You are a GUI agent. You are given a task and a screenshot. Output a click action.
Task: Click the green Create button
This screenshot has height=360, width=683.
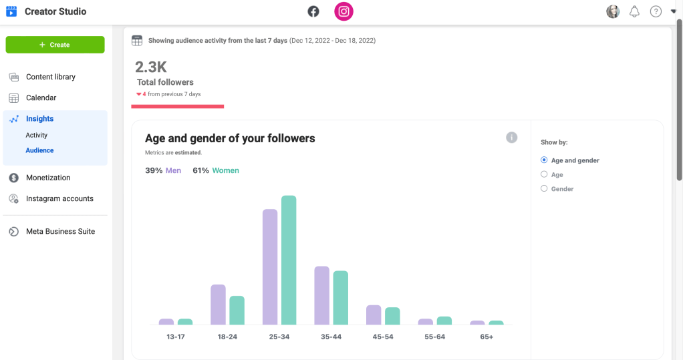coord(55,45)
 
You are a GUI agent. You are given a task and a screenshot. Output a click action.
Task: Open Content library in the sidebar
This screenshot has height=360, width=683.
coord(50,77)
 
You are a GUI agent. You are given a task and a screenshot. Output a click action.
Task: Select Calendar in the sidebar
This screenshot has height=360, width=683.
coord(41,98)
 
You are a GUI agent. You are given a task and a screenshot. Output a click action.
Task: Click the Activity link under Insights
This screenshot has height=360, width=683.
coord(37,135)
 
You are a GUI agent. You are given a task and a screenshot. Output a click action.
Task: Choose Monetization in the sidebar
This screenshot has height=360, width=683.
coord(47,178)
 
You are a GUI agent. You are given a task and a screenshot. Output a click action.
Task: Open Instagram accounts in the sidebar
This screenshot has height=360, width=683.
coord(59,198)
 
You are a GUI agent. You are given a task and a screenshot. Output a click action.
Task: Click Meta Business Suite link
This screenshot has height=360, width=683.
coord(60,231)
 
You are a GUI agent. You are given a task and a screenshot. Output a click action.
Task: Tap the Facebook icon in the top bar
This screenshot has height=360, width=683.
coord(313,11)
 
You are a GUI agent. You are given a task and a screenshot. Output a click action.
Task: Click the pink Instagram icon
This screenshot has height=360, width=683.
coord(344,11)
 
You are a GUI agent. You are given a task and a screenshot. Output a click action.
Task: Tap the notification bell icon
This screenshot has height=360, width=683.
coord(634,11)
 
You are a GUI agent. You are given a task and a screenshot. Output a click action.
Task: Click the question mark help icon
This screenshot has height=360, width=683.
coord(656,11)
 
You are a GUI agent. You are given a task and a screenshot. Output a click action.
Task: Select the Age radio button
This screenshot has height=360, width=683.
coord(544,175)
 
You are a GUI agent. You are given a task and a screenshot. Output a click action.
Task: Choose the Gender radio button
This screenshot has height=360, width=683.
coord(544,189)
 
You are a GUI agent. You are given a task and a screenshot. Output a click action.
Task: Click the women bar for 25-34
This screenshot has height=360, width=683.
coord(289,260)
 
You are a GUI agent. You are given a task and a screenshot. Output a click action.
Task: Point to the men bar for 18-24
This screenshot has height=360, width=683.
coord(218,305)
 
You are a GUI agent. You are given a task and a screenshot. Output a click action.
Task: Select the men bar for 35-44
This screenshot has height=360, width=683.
coord(321,295)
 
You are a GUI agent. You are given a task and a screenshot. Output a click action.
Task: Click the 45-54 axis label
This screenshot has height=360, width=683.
coord(383,337)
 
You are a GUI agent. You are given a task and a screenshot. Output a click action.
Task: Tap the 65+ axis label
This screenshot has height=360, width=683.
coord(487,337)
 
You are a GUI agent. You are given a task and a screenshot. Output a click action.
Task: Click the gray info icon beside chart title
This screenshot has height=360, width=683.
coord(512,138)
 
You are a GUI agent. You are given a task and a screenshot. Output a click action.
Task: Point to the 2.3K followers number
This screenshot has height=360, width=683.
coord(151,67)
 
